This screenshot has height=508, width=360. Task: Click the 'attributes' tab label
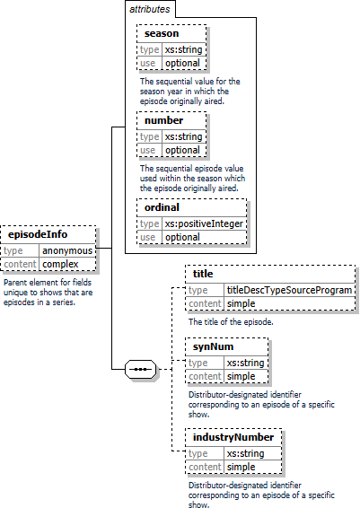click(149, 9)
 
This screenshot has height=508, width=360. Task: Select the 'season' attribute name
click(162, 33)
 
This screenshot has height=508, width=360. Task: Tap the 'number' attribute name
click(163, 120)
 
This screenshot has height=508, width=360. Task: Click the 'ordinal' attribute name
click(162, 207)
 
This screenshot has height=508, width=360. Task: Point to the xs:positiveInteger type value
click(204, 223)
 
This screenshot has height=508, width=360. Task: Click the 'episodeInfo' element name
click(38, 234)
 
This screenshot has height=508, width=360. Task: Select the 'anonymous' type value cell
click(67, 250)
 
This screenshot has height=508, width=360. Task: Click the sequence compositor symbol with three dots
click(140, 369)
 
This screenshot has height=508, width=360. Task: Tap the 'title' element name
click(203, 274)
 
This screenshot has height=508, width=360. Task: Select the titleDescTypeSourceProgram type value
click(289, 290)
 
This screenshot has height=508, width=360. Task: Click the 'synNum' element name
click(213, 346)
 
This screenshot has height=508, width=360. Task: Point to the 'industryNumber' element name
click(233, 437)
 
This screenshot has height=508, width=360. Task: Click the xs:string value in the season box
click(183, 49)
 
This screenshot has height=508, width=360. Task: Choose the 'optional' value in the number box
click(182, 150)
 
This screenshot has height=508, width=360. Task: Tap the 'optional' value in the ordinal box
click(182, 237)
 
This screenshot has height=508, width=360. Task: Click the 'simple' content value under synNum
click(241, 376)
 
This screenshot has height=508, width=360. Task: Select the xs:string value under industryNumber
click(245, 453)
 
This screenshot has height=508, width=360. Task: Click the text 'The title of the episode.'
click(231, 322)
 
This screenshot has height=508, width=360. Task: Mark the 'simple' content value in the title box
click(241, 303)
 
